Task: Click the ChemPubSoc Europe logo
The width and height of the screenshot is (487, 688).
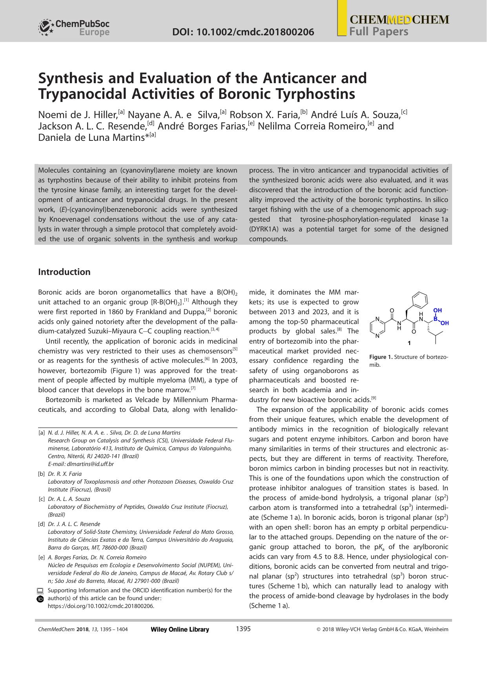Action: tap(74, 27)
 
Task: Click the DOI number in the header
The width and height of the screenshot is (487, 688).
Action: tap(243, 32)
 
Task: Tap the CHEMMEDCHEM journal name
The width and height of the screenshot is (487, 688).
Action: tap(399, 20)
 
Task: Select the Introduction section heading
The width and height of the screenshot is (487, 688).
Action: tap(64, 272)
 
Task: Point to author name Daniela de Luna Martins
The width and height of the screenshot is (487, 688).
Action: tap(91, 138)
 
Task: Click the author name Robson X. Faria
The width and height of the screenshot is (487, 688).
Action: tap(264, 115)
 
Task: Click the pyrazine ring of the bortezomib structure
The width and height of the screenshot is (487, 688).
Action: tap(377, 327)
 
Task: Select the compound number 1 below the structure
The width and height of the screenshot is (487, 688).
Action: tap(409, 343)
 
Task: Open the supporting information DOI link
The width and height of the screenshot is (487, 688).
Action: tap(101, 606)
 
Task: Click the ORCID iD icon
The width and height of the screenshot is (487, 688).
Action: tap(40, 599)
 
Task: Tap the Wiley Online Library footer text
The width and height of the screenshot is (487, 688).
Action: tap(180, 629)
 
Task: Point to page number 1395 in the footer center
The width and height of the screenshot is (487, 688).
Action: tap(243, 629)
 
